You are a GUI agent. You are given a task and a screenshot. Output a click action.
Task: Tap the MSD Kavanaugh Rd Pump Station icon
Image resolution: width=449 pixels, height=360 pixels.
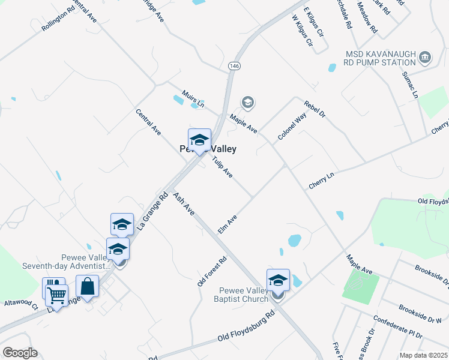click(x=426, y=58)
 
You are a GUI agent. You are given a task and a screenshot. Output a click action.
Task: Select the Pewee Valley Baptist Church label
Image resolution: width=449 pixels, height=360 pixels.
click(x=248, y=295)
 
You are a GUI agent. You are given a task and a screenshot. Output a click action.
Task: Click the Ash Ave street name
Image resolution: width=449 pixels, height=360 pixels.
click(x=184, y=203)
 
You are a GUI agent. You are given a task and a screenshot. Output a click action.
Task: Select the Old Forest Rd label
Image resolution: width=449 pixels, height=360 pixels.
click(x=212, y=270)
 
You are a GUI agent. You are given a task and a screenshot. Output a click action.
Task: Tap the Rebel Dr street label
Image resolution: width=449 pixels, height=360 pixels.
click(x=314, y=109)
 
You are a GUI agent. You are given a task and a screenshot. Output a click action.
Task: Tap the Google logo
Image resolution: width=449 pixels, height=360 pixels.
click(x=19, y=353)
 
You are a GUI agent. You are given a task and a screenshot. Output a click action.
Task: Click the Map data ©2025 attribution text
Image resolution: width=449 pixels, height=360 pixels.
click(x=423, y=355)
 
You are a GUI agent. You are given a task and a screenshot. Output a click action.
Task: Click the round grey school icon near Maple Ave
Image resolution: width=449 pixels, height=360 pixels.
click(x=247, y=103)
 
